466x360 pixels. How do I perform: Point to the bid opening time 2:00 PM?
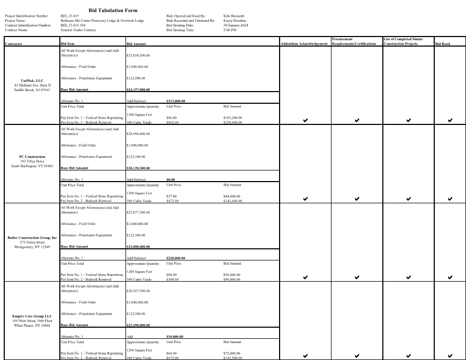point(230,30)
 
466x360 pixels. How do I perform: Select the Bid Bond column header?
point(442,43)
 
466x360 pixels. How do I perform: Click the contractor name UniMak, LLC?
point(32,81)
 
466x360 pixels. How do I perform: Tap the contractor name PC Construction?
point(32,157)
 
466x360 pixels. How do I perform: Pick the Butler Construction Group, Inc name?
point(32,238)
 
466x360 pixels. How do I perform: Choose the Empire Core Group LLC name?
point(32,317)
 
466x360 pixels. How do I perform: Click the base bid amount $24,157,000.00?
point(138,89)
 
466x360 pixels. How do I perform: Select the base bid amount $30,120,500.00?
point(138,168)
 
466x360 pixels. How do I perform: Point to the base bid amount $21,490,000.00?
point(138,325)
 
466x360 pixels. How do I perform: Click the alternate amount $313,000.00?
point(176,101)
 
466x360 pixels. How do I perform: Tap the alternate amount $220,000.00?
point(176,258)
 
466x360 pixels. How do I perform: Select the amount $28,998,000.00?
point(137,134)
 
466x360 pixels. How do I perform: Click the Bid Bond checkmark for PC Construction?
point(450,199)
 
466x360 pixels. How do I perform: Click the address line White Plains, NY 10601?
point(32,325)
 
